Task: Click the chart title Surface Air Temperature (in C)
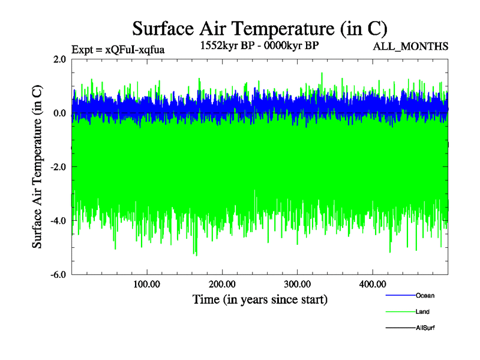pyautogui.click(x=260, y=28)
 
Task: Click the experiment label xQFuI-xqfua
pyautogui.click(x=118, y=49)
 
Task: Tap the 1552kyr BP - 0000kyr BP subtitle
pyautogui.click(x=259, y=45)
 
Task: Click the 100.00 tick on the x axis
pyautogui.click(x=147, y=284)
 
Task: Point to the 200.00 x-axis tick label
pyautogui.click(x=222, y=284)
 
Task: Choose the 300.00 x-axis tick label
pyautogui.click(x=297, y=284)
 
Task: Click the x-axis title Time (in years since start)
pyautogui.click(x=260, y=299)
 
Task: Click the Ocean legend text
pyautogui.click(x=425, y=295)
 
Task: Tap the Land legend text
pyautogui.click(x=422, y=311)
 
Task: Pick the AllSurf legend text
pyautogui.click(x=425, y=328)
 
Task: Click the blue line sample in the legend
pyautogui.click(x=400, y=295)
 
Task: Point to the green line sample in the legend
pyautogui.click(x=400, y=311)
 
